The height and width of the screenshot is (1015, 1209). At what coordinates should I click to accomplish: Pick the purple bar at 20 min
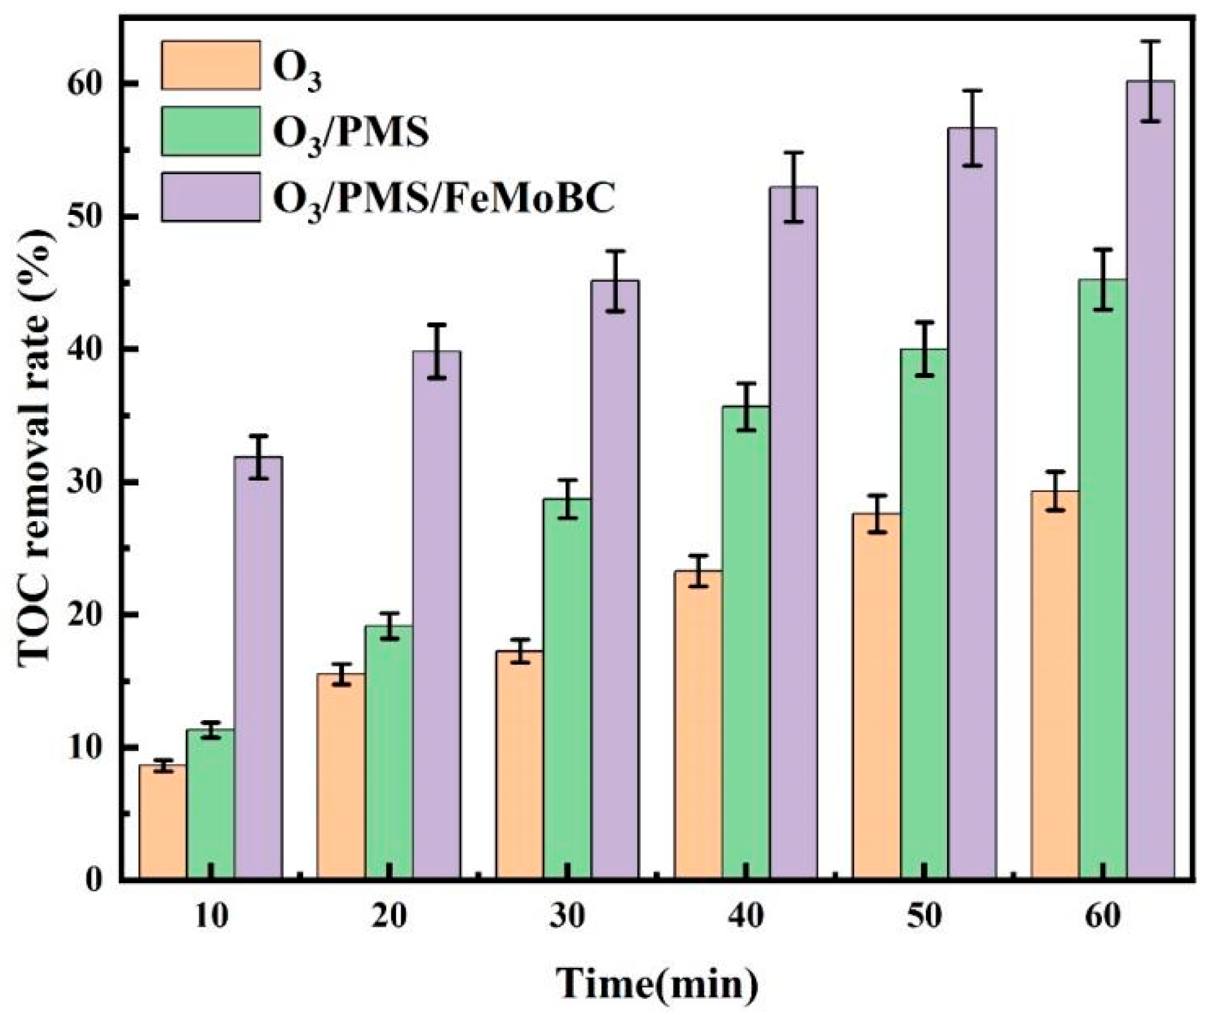coord(436,615)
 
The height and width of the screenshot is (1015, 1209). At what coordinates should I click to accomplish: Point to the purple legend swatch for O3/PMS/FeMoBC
coord(210,197)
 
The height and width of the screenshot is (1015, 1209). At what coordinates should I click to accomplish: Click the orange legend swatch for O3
coord(210,65)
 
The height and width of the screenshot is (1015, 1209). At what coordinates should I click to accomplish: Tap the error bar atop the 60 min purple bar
coord(1150,90)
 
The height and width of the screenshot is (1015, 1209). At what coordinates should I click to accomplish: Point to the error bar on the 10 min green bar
coord(210,730)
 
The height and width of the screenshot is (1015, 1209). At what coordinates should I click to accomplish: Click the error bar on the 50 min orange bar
coord(876,513)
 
